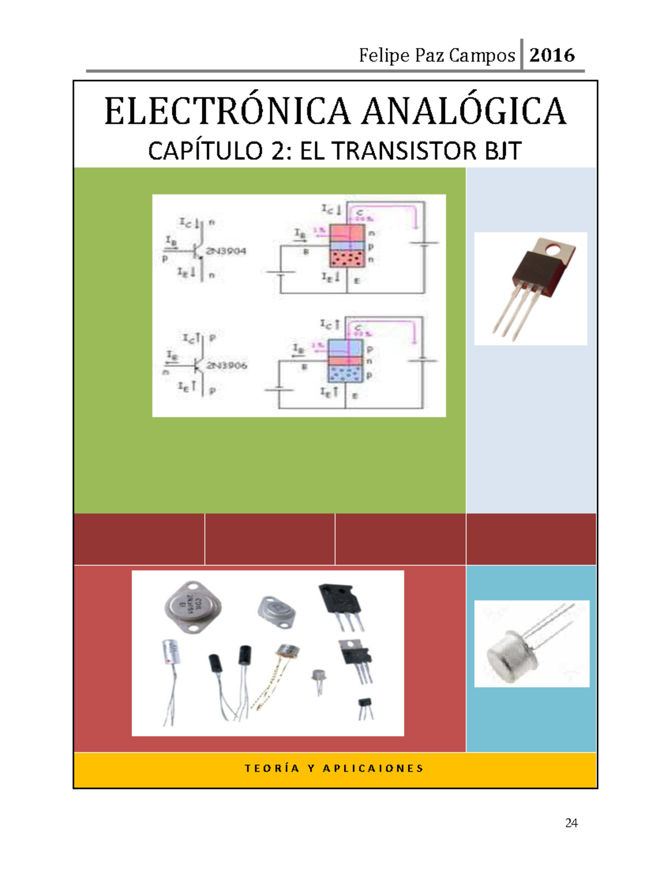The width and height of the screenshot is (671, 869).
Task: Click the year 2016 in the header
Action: (x=552, y=55)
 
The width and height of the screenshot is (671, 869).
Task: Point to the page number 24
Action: (x=571, y=823)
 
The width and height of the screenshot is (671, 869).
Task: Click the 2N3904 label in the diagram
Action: (x=226, y=251)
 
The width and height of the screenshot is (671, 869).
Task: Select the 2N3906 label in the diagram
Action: (x=226, y=365)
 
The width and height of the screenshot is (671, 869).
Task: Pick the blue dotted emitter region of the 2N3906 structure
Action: (x=344, y=374)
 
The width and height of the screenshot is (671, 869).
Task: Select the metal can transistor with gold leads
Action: (x=287, y=651)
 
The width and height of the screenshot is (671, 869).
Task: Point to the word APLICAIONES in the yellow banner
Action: (x=373, y=768)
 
